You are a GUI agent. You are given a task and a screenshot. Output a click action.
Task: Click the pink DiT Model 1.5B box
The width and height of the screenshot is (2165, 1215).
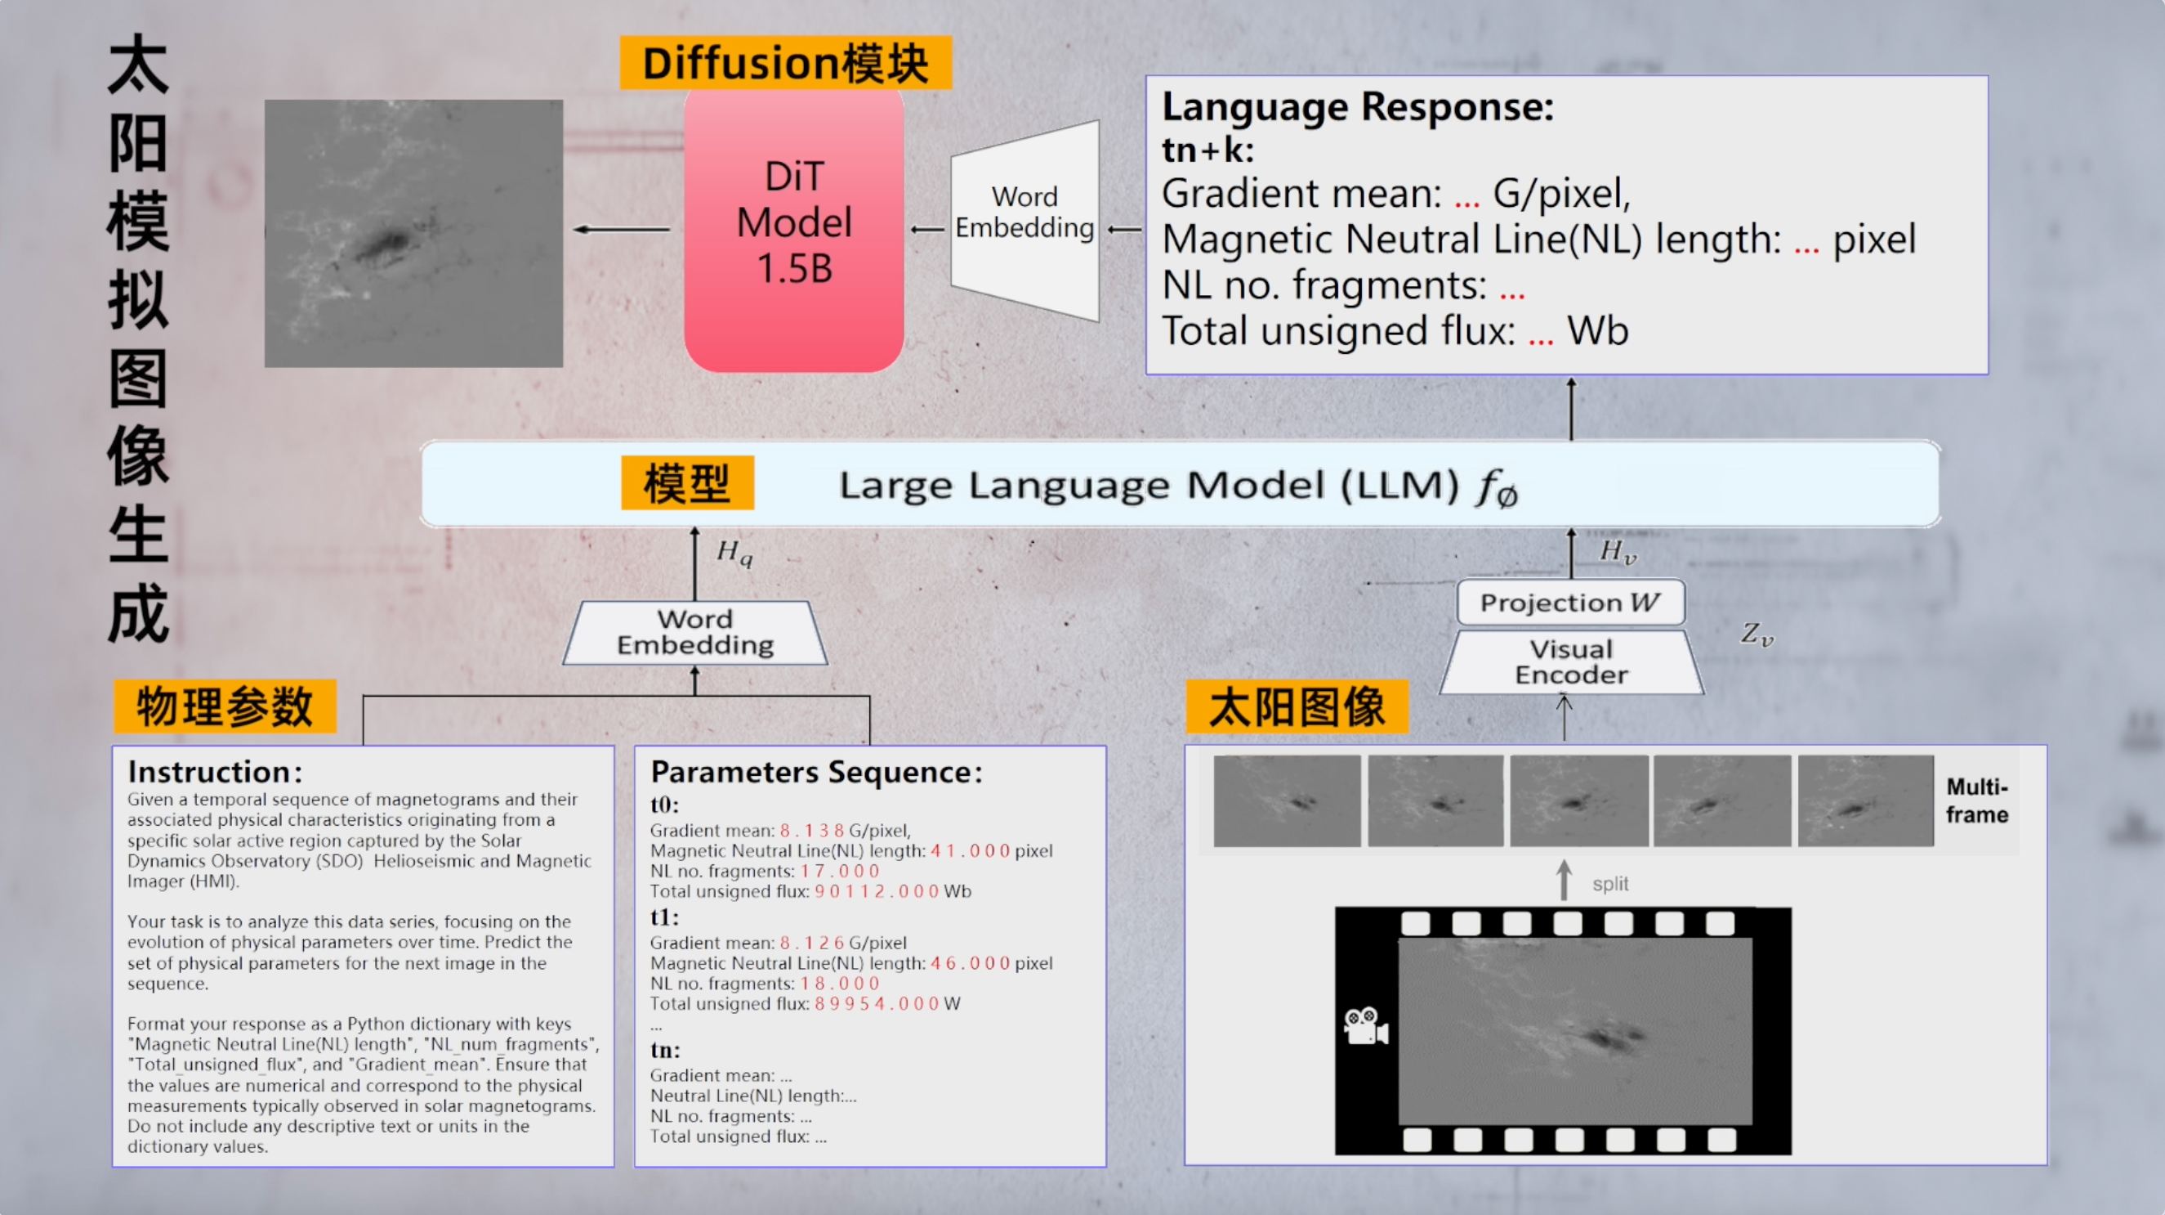[793, 227]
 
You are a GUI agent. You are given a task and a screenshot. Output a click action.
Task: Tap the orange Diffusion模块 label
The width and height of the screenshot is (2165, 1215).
[785, 63]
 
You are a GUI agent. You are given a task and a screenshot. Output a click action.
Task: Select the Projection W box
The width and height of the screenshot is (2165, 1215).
[1570, 602]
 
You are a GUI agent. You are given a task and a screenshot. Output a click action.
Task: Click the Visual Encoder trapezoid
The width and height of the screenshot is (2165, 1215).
[1571, 662]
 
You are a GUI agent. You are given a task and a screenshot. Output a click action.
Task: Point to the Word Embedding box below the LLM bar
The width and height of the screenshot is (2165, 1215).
[695, 632]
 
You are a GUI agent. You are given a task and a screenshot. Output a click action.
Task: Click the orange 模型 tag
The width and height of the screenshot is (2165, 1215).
[686, 483]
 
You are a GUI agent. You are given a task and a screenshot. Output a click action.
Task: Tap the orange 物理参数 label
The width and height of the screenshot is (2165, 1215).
[225, 706]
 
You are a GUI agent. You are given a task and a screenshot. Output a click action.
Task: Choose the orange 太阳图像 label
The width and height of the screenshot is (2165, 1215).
[1296, 706]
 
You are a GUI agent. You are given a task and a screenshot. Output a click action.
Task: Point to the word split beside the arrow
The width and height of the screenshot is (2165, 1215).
[1609, 884]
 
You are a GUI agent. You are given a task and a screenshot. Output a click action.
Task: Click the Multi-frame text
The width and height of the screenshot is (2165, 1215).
[1977, 800]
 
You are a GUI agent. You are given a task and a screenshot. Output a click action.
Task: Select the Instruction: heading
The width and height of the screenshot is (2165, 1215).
[214, 772]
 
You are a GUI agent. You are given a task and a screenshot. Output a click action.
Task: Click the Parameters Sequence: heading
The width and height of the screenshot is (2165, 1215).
[816, 772]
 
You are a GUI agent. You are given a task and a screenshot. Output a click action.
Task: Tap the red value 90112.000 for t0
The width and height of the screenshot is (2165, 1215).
[877, 891]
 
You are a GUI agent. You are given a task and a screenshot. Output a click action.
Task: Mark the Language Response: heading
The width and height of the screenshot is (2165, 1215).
[1357, 108]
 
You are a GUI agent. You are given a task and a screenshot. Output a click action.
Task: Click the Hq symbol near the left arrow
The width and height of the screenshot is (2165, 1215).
[734, 553]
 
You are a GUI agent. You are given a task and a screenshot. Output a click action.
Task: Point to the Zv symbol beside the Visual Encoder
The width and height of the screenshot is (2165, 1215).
[1757, 634]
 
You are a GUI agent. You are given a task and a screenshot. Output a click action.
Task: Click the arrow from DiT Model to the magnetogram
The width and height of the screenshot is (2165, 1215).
[622, 229]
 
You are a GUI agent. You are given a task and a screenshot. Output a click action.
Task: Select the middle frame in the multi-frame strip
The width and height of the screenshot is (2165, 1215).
[1578, 800]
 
